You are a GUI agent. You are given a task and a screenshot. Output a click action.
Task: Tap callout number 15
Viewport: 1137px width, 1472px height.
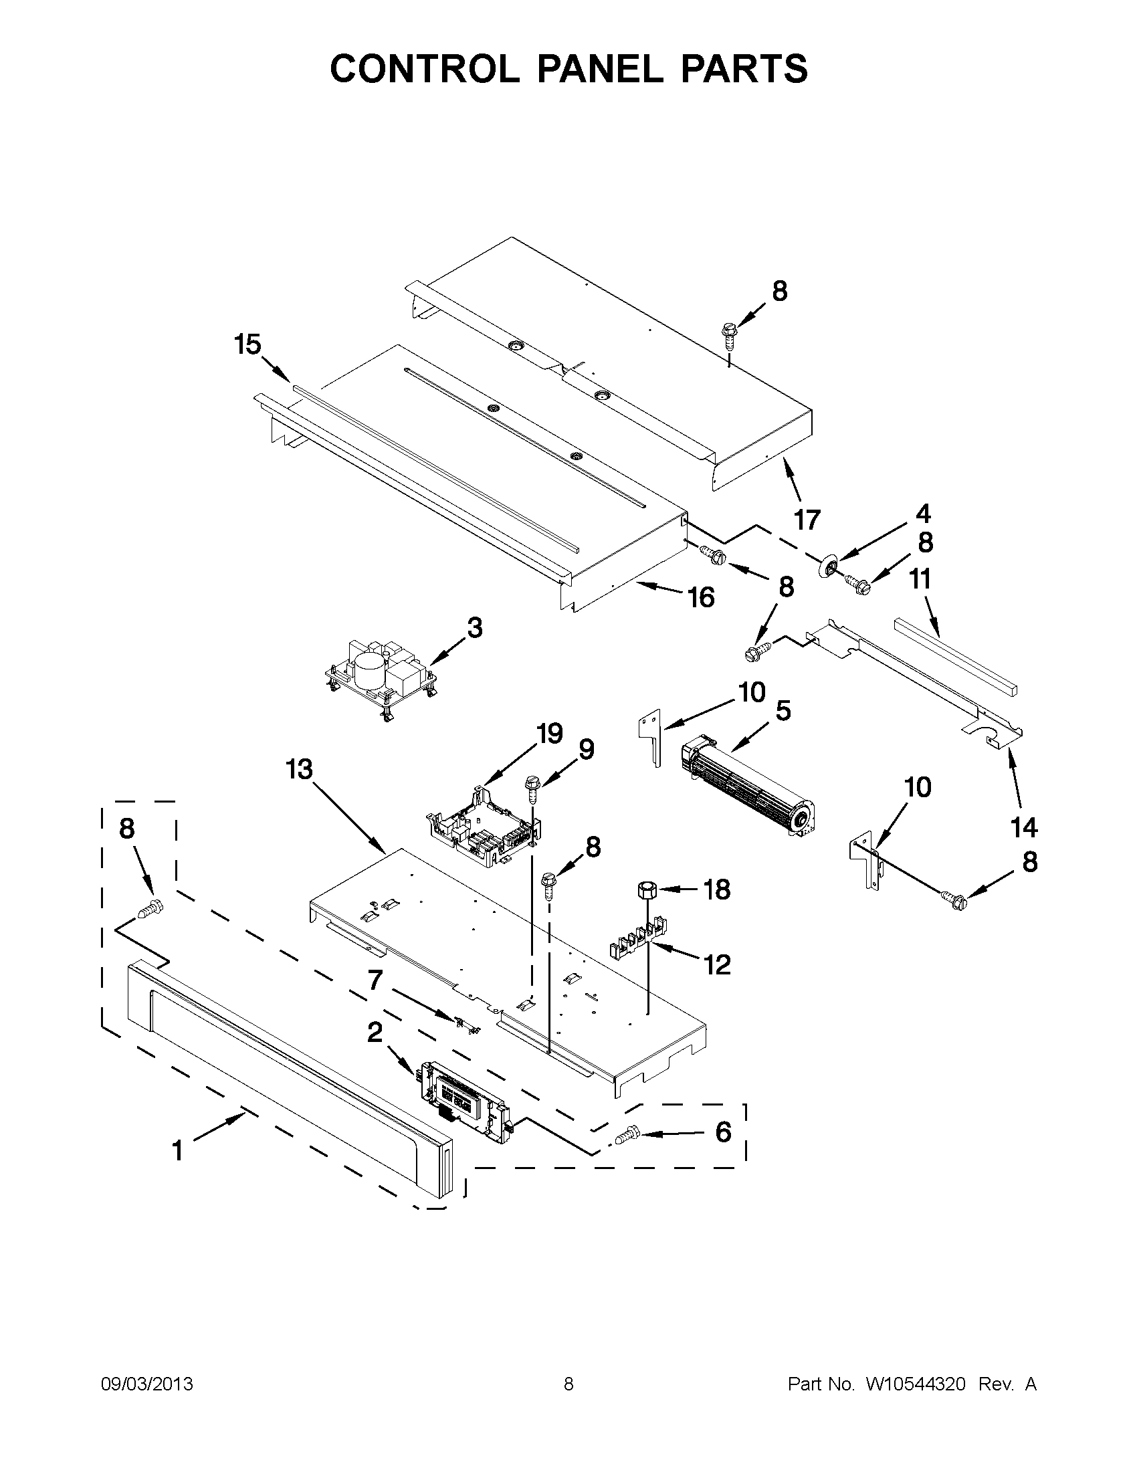click(x=247, y=344)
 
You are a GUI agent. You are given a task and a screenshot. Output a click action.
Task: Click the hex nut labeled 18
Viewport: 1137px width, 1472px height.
click(x=646, y=889)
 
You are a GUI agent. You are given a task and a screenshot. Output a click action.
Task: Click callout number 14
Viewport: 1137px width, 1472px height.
click(x=1024, y=827)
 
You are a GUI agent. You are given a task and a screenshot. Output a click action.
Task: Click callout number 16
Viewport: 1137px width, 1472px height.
click(x=701, y=597)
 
